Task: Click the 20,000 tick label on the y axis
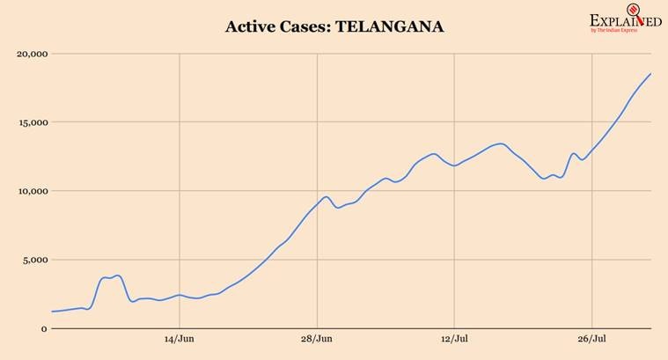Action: [x=31, y=54]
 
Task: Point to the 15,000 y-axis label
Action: [x=31, y=122]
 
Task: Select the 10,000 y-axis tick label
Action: [x=31, y=191]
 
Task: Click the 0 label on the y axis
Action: [x=43, y=328]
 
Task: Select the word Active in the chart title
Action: [x=251, y=27]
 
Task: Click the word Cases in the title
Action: [x=303, y=27]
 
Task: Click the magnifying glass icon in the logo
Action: [x=632, y=15]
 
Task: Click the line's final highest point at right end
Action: [x=650, y=74]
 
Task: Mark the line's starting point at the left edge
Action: [x=52, y=312]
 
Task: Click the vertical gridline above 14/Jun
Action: [x=180, y=176]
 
